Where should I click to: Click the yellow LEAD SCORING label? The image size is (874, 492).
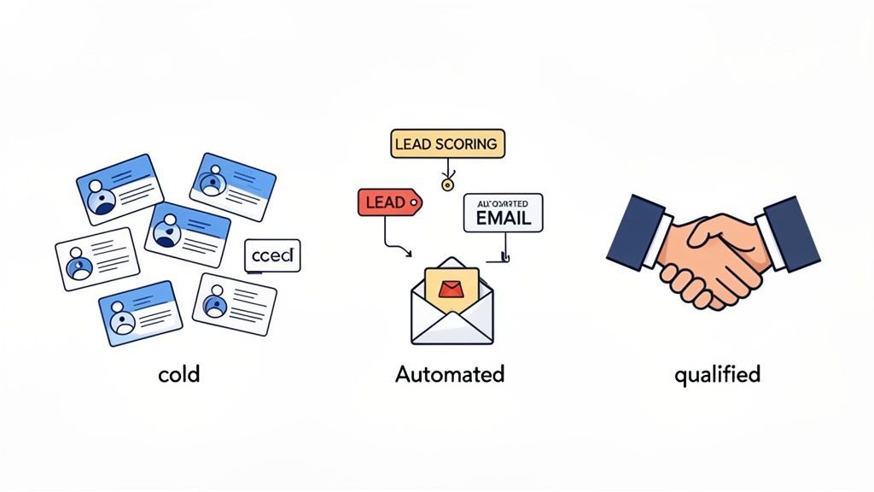pos(447,143)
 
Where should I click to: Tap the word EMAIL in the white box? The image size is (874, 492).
pos(502,218)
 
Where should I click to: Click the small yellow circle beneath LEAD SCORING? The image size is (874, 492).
pos(445,183)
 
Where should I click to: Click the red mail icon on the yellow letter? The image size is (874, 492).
pos(450,290)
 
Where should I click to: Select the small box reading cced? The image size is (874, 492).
pos(272,255)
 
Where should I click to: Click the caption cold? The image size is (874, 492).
pos(178,374)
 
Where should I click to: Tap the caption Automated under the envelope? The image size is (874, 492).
pos(450,374)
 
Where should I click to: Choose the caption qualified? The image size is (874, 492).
pos(717,374)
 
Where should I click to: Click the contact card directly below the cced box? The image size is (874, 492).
pos(235,304)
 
